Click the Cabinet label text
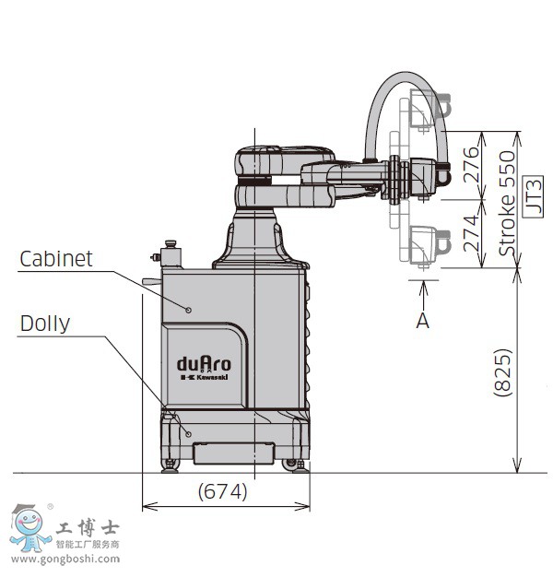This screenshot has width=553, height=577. (56, 258)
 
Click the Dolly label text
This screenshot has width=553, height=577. (45, 323)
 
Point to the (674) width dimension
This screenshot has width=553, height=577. (223, 492)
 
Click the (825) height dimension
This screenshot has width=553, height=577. (502, 371)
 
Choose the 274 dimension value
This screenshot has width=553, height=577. (470, 234)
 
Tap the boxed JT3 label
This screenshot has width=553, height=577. (533, 195)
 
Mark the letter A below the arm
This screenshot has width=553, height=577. (423, 321)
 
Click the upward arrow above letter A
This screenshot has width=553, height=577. (423, 290)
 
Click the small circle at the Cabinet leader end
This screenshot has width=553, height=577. (189, 310)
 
